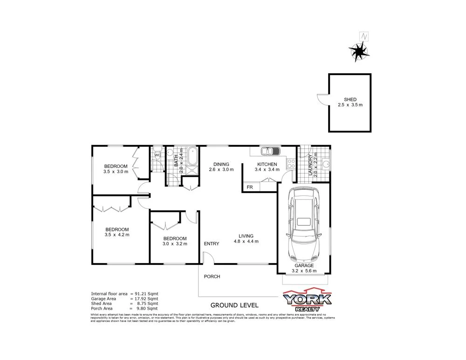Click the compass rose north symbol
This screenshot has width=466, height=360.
pyautogui.click(x=360, y=51)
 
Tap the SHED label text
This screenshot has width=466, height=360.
pyautogui.click(x=350, y=99)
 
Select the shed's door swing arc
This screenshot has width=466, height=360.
pyautogui.click(x=323, y=99)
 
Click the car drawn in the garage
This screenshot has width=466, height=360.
pyautogui.click(x=304, y=225)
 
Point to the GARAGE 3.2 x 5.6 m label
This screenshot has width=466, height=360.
pyautogui.click(x=304, y=268)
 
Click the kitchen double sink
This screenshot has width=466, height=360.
pyautogui.click(x=269, y=151)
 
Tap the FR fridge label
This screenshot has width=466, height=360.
pyautogui.click(x=250, y=187)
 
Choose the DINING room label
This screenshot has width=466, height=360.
pyautogui.click(x=221, y=164)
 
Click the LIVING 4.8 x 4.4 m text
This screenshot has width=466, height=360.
pyautogui.click(x=246, y=239)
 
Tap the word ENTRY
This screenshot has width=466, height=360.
pyautogui.click(x=212, y=244)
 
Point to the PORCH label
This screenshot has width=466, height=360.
pyautogui.click(x=212, y=277)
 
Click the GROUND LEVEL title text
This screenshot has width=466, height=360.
pyautogui.click(x=234, y=305)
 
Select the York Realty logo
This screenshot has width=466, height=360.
pyautogui.click(x=308, y=300)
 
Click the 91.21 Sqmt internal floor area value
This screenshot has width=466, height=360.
pyautogui.click(x=147, y=294)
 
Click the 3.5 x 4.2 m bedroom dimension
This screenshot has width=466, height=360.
pyautogui.click(x=117, y=235)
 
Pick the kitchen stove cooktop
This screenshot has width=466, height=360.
pyautogui.click(x=291, y=163)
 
